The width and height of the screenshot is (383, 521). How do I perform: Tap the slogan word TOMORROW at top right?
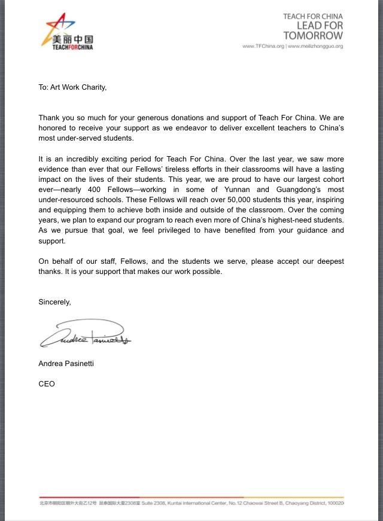[x=313, y=36]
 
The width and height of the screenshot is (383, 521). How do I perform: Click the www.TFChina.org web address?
[x=263, y=46]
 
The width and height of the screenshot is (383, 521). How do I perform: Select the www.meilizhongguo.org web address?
[x=315, y=46]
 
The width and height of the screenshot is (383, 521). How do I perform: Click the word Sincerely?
[x=54, y=302]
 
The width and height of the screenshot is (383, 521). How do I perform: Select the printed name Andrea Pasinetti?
[x=66, y=364]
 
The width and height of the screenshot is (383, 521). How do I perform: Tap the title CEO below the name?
[x=47, y=384]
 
